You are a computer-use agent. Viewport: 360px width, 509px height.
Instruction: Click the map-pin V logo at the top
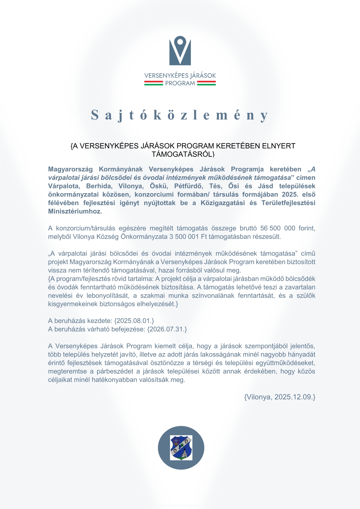[x=180, y=51]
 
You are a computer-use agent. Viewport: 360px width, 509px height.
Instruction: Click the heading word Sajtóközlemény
[x=180, y=115]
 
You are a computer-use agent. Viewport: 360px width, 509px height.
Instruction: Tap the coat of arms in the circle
[x=181, y=448]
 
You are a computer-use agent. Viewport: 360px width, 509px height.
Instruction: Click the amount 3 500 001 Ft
[x=184, y=237]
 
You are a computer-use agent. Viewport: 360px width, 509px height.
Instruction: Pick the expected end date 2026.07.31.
[x=167, y=329]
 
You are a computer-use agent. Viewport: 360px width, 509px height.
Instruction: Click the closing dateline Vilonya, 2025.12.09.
[x=280, y=397]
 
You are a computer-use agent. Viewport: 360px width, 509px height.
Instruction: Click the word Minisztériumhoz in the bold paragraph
[x=75, y=211]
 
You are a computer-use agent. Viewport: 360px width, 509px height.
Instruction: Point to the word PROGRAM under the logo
[x=180, y=83]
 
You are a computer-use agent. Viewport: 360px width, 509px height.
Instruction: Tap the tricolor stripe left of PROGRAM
[x=153, y=83]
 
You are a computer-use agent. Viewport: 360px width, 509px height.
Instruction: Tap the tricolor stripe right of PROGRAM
[x=206, y=83]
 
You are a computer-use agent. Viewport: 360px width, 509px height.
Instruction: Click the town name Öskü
[x=159, y=186]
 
